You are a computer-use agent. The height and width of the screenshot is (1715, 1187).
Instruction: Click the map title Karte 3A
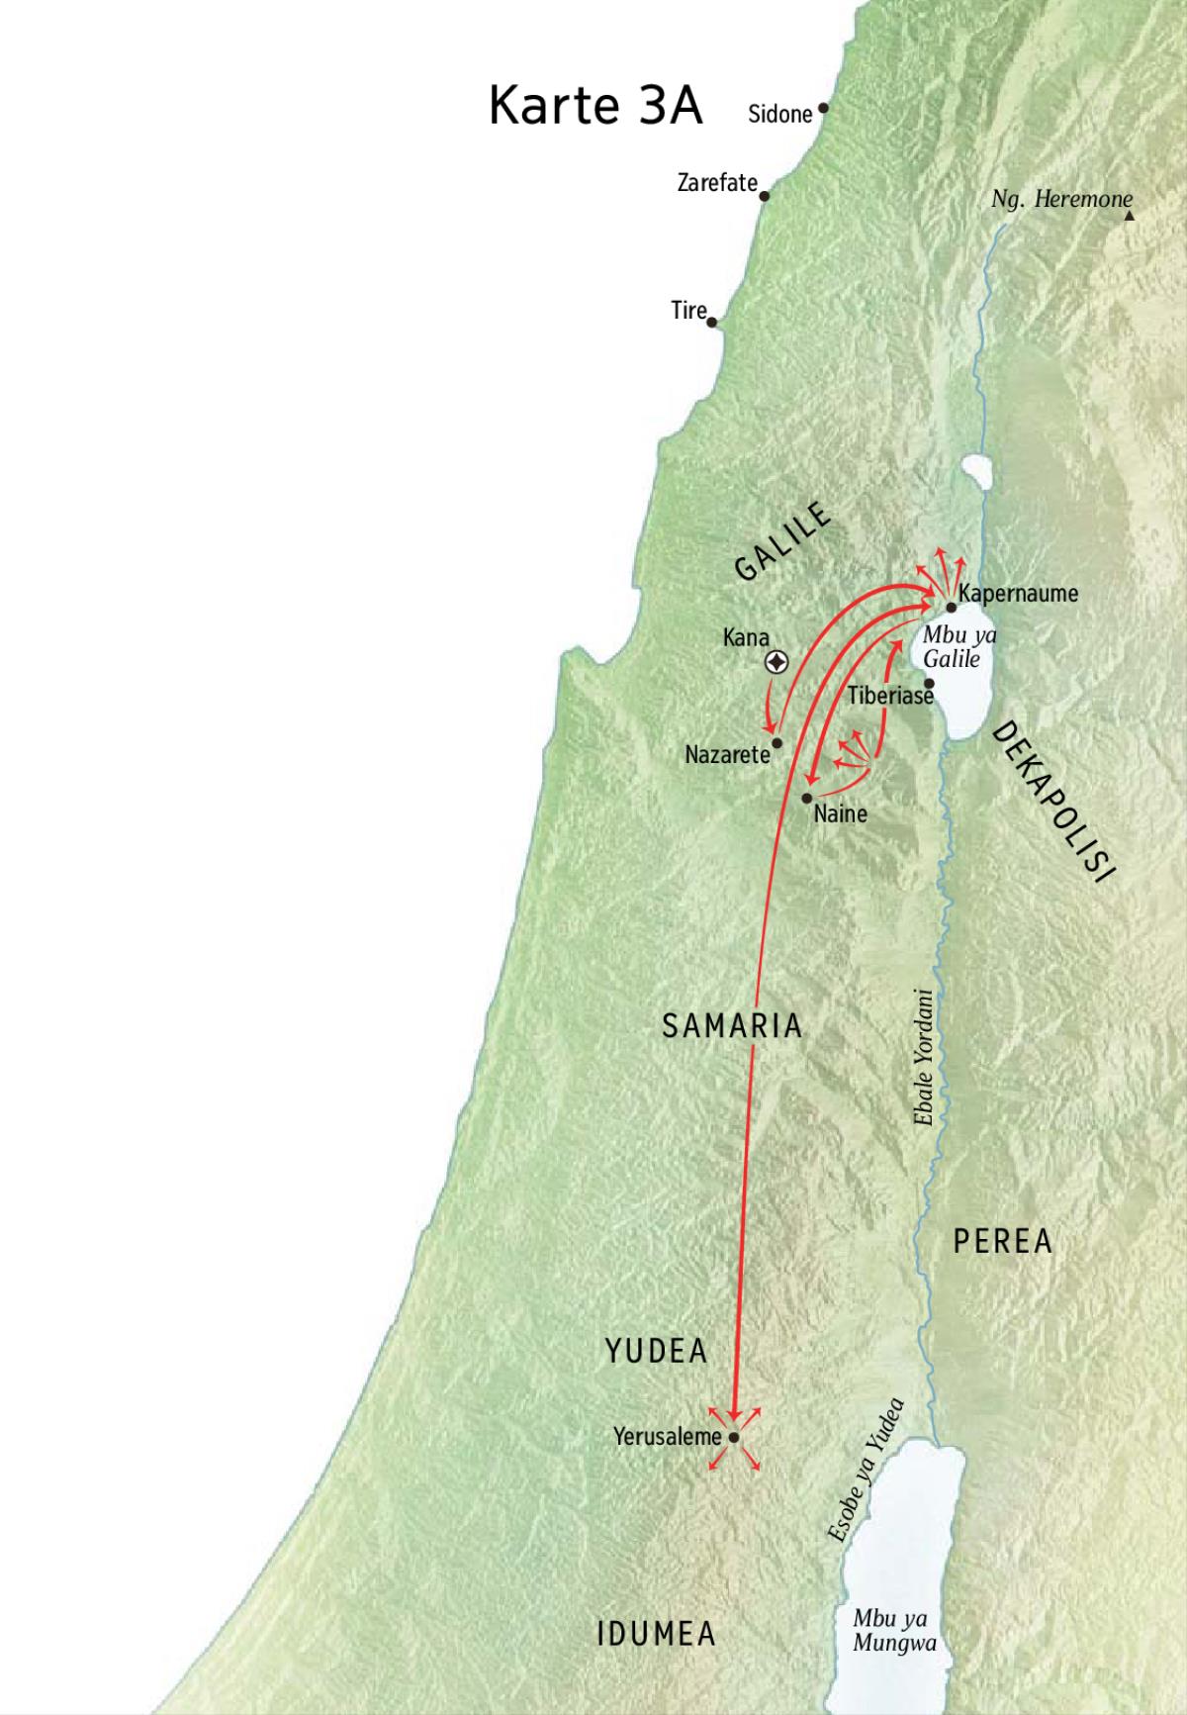(595, 106)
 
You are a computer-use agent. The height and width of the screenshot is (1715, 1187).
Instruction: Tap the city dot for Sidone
(822, 108)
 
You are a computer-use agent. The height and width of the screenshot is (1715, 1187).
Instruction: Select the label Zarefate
(717, 183)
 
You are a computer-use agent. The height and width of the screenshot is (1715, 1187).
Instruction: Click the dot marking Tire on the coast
(711, 322)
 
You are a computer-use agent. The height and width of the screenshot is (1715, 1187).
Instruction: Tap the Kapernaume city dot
(951, 608)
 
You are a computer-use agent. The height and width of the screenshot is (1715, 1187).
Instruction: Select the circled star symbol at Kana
(777, 663)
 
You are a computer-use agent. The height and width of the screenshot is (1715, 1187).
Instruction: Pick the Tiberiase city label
(890, 697)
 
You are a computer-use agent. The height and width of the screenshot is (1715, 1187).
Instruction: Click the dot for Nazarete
(777, 742)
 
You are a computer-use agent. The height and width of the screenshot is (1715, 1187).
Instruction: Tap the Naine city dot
(807, 798)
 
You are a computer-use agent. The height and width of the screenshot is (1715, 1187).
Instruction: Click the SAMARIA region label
(732, 1026)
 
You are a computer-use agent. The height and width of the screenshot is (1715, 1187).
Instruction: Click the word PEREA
(1002, 1241)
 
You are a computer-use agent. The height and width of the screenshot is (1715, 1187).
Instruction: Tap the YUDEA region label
(657, 1351)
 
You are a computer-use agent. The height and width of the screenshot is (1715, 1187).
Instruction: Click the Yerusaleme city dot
(734, 1438)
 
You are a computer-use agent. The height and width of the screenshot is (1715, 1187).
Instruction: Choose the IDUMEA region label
(657, 1634)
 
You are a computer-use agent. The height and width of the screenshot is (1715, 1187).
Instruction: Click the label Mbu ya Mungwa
(893, 1631)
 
